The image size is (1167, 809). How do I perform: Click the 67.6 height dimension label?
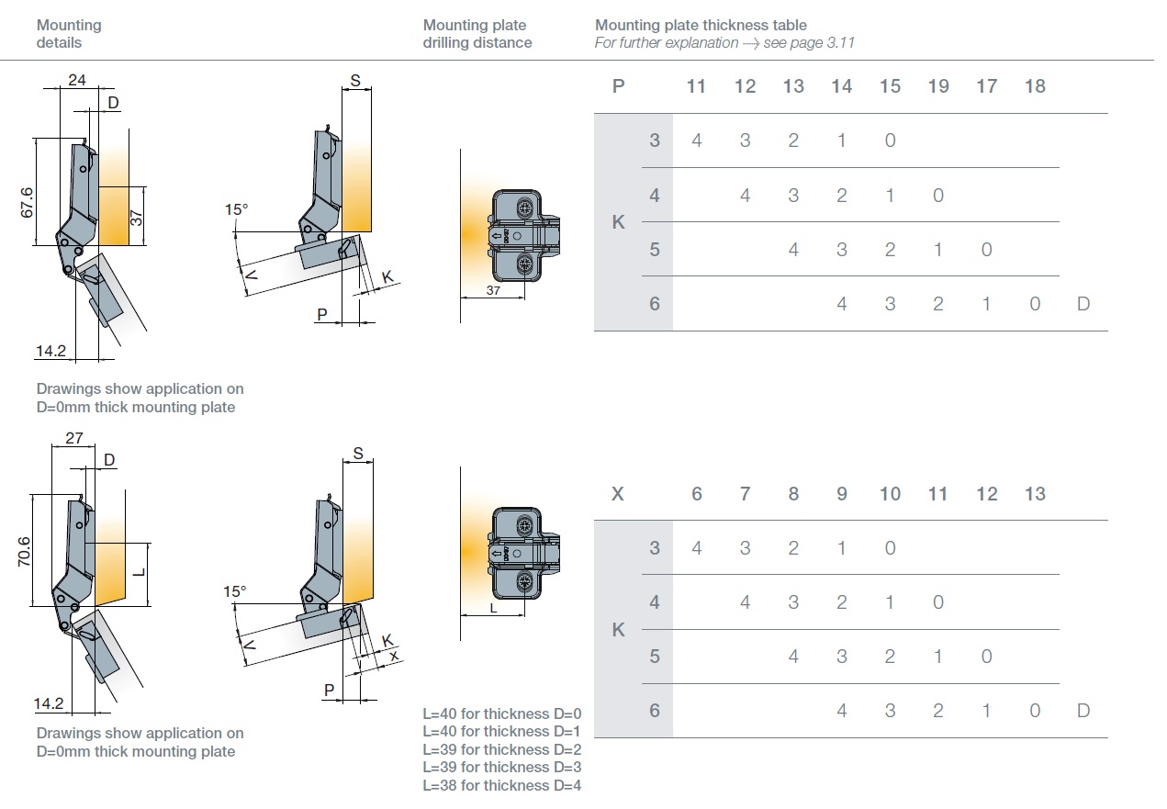27,202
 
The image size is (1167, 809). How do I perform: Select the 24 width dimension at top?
77,80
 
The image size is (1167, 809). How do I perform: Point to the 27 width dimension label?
73,438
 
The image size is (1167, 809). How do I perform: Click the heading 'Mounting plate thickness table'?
701,25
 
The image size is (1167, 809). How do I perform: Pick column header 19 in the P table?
937,86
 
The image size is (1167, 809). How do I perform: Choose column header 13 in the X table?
1035,494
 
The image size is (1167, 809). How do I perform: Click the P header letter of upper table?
618,86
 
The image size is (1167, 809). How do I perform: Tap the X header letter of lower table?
617,494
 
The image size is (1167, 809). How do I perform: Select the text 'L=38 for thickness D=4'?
502,785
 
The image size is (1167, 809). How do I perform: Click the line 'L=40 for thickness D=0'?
502,713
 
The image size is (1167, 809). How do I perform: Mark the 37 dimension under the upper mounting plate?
493,290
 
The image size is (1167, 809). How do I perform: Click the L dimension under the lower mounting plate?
493,607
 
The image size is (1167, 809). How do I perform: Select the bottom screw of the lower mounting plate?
524,581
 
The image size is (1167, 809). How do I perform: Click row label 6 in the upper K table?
655,303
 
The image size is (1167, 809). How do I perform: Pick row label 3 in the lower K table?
655,548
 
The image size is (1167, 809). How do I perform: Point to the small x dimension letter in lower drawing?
394,656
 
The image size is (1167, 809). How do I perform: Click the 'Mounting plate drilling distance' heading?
477,34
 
